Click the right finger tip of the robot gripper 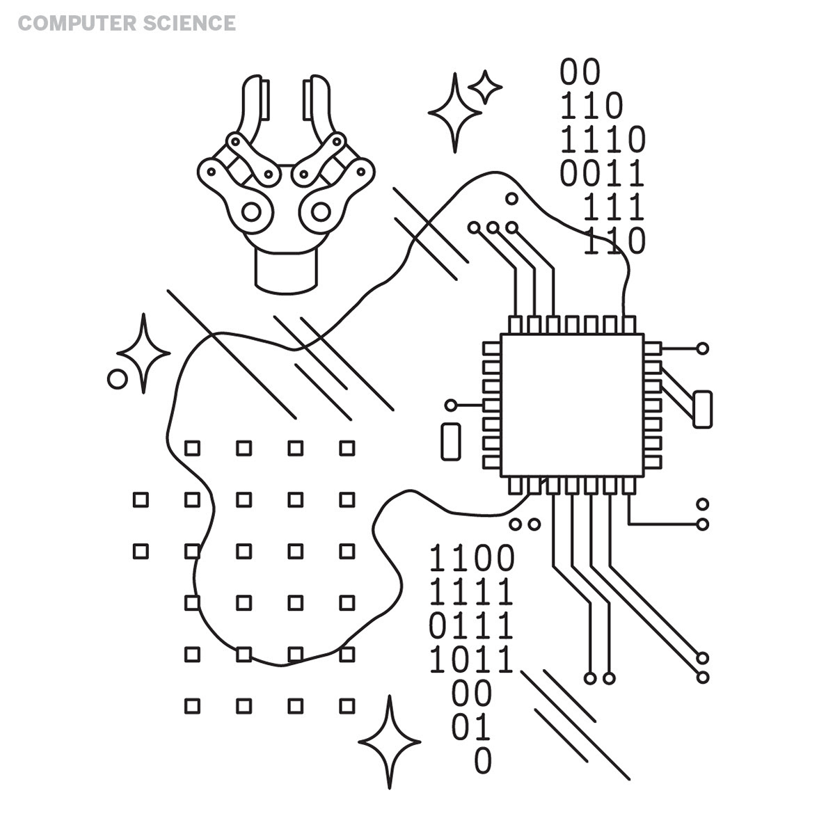coord(316,97)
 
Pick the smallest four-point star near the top coord(484,87)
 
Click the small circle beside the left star coord(118,379)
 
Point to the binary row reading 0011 coord(603,173)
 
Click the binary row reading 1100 coord(472,559)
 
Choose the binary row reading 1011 coord(472,660)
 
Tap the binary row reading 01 coord(472,728)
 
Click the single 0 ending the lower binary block coord(483,760)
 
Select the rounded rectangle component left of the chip coord(451,440)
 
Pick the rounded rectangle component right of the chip coord(702,409)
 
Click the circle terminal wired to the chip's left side coord(451,405)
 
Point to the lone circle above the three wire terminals coord(511,199)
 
